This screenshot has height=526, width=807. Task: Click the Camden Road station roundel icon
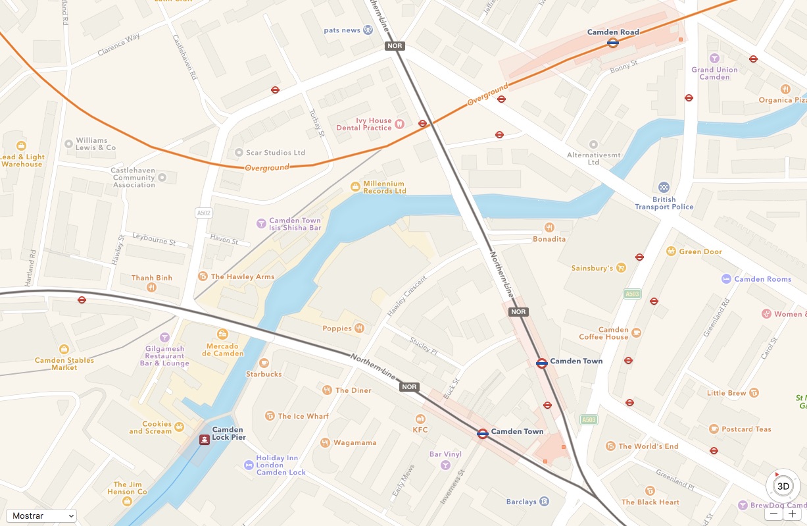(x=612, y=43)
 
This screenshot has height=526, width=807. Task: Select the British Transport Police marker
(x=664, y=187)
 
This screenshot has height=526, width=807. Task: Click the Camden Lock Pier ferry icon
(x=205, y=440)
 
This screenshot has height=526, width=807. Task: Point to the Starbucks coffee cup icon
(x=264, y=363)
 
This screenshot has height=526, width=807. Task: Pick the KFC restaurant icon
(x=420, y=419)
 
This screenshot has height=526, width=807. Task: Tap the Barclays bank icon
(x=544, y=502)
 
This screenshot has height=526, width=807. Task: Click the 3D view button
(x=783, y=487)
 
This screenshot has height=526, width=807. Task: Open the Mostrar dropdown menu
(x=41, y=515)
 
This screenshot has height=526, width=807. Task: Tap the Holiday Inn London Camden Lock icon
(x=248, y=465)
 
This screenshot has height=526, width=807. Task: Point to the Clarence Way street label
(x=119, y=45)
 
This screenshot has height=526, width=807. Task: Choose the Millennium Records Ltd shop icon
(x=355, y=187)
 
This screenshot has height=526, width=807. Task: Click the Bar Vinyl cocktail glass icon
(x=445, y=465)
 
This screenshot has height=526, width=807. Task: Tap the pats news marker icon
(x=368, y=30)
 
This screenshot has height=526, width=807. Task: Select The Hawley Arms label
(x=242, y=276)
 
